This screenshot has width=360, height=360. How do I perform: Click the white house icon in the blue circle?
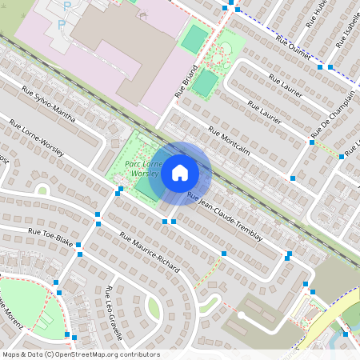pos(180,173)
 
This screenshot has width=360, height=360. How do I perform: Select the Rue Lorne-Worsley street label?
pos(37,138)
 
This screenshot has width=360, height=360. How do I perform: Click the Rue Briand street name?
pos(186,82)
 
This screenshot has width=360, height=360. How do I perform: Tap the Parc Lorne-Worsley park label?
pos(142,168)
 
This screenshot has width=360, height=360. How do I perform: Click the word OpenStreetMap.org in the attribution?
pos(88,354)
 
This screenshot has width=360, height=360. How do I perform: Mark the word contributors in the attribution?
pos(139,354)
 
